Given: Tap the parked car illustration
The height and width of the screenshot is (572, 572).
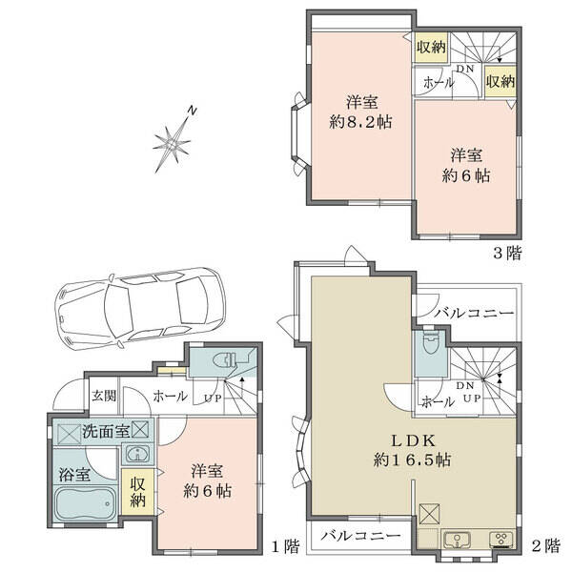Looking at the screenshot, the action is point(140,309).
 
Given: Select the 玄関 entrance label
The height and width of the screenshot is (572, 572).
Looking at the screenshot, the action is point(104,396).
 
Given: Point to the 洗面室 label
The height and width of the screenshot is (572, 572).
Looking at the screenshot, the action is point(106,432).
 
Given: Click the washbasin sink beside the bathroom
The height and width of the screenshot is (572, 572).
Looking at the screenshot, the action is point(137,454).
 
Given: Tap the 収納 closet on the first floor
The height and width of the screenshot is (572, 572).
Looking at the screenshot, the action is point(137,492).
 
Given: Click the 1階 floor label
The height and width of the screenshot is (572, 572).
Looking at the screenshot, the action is point(286,546).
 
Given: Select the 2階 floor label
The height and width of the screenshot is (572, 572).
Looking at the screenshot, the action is point(545,546).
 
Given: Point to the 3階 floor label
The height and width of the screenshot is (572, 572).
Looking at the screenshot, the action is point(507,253).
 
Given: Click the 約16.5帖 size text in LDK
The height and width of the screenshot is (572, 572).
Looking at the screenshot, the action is point(412,460).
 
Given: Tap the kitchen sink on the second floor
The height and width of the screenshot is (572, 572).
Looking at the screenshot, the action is point(457,540).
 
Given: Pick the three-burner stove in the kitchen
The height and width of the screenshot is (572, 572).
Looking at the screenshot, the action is point(501,539).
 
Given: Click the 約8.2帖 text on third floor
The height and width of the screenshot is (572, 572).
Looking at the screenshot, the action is point(361,122).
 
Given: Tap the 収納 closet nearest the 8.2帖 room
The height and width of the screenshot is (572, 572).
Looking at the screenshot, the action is point(431,47).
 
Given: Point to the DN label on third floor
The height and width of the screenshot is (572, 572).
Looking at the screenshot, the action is point(465,69).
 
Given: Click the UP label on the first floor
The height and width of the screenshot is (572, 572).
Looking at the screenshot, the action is point(213,398).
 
